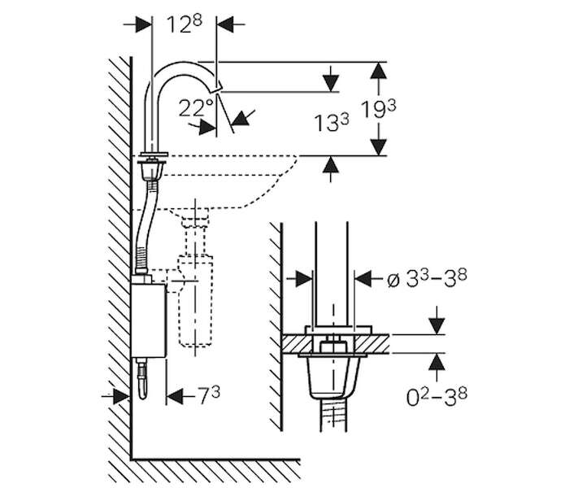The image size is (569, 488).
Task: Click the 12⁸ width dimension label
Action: (x=184, y=24)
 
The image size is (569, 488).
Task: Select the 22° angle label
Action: (x=196, y=108)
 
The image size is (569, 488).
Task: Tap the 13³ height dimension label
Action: (x=332, y=122)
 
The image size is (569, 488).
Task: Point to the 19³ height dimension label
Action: (x=379, y=109)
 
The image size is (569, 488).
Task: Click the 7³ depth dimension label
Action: (x=209, y=395)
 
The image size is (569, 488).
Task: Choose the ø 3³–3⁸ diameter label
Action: (x=427, y=278)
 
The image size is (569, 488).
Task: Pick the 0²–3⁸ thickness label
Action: (x=437, y=397)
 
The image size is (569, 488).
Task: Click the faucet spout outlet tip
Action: (x=218, y=88)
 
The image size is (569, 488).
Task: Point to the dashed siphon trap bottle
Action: (x=195, y=301)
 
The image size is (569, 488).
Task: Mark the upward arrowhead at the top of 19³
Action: (x=379, y=71)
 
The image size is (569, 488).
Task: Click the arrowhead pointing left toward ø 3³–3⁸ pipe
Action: (x=363, y=278)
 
